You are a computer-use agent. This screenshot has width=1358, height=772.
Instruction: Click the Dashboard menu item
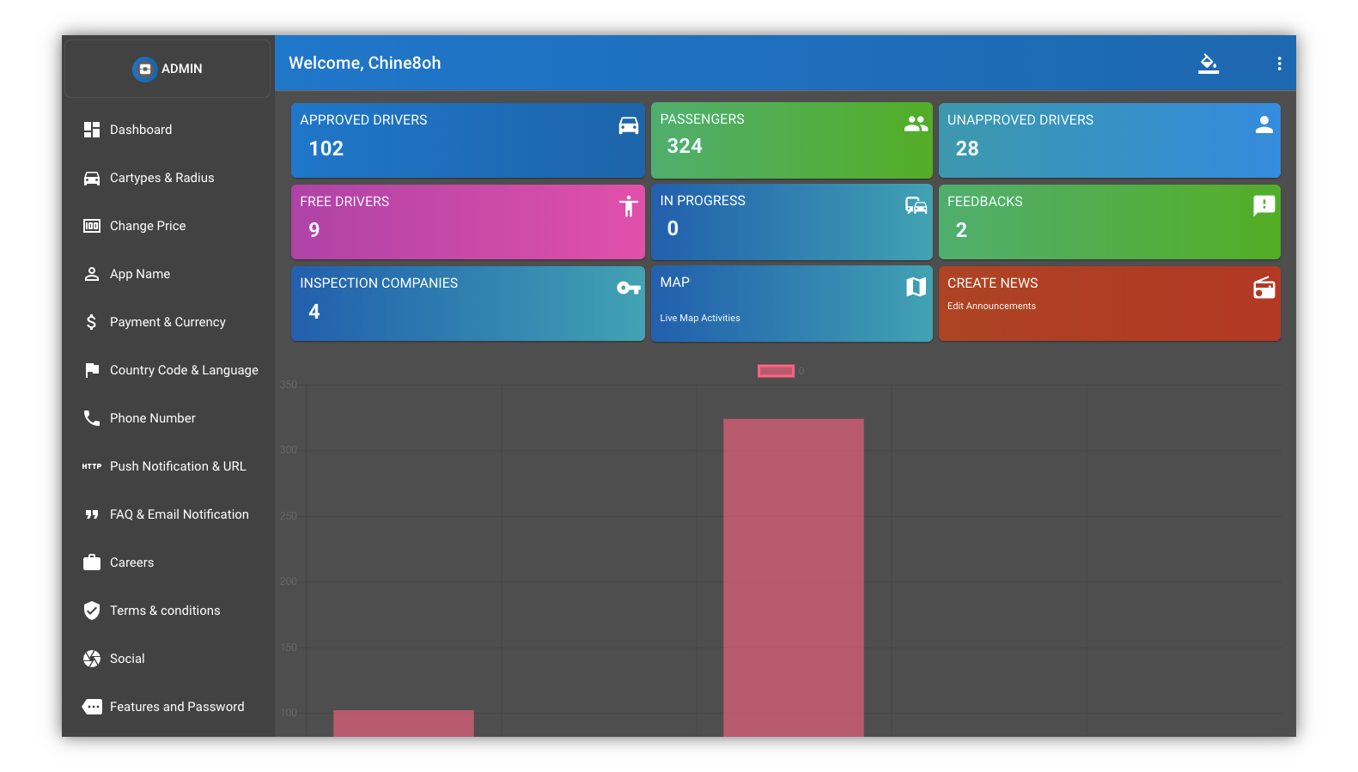[x=140, y=130]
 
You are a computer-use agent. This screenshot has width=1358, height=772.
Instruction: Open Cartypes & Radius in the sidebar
[x=161, y=178]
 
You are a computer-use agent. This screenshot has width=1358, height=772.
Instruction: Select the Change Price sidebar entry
[x=147, y=226]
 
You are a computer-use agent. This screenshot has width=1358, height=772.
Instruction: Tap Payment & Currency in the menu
[x=167, y=322]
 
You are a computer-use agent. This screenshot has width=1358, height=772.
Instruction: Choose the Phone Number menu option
[x=152, y=418]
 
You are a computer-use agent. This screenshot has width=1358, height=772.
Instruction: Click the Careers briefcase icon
[x=92, y=562]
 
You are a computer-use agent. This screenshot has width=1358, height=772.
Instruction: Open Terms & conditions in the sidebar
[x=164, y=611]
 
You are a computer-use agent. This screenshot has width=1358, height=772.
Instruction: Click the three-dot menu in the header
[x=1279, y=64]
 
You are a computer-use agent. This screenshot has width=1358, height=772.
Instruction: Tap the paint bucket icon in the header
[x=1209, y=64]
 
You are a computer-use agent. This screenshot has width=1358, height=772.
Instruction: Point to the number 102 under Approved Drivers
[x=326, y=149]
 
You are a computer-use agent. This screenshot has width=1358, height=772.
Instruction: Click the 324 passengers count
[x=685, y=147]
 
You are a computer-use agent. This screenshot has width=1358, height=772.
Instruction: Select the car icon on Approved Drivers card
[x=629, y=125]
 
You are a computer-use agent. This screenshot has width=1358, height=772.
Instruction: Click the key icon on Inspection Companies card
[x=629, y=288]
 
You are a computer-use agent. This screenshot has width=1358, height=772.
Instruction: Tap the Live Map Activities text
[x=700, y=318]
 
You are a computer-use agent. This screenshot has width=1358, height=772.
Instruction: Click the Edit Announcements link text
[x=991, y=306]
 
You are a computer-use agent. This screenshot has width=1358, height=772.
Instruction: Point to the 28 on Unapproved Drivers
[x=967, y=149]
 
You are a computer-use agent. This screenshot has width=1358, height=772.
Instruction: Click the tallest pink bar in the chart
[x=793, y=575]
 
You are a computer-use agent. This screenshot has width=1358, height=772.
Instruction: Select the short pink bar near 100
[x=403, y=723]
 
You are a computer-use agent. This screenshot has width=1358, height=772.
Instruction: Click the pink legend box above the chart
[x=776, y=371]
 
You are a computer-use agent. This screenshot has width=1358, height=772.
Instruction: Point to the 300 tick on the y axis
[x=289, y=450]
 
